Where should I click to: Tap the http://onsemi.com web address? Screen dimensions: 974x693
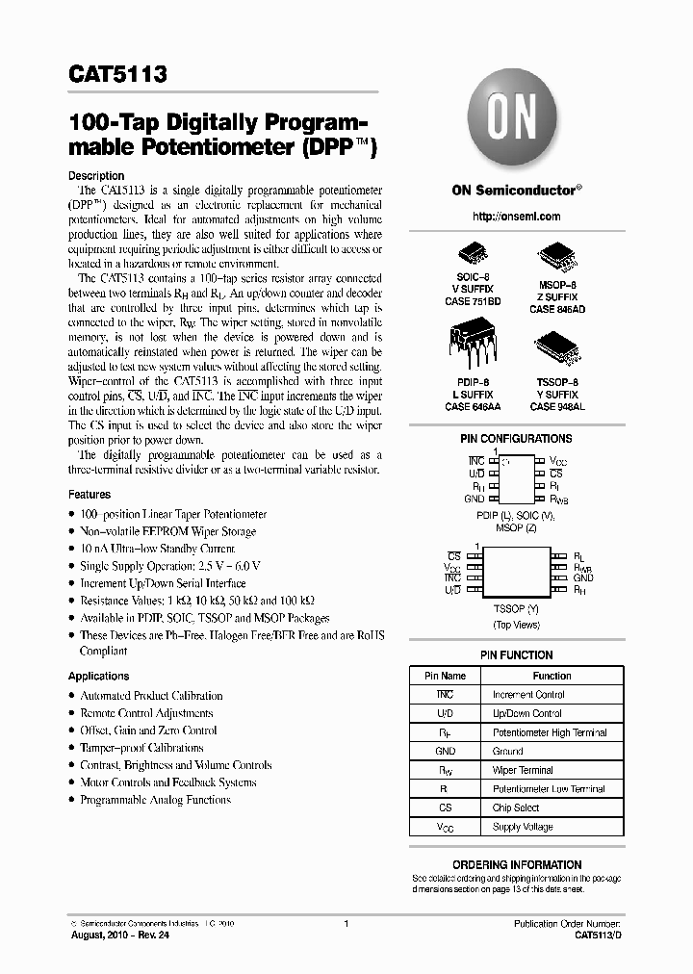516,217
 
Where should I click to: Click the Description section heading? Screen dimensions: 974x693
96,176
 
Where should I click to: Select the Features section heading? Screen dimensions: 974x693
90,495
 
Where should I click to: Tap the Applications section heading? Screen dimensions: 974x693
98,677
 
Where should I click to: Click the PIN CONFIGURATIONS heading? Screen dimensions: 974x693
516,439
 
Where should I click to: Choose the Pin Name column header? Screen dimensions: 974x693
445,676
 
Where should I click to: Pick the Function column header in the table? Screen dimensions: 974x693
552,676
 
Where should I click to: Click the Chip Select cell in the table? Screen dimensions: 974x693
516,807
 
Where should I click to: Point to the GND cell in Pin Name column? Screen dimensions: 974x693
445,751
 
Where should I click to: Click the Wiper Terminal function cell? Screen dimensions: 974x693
523,770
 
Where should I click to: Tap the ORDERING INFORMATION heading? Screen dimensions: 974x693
516,864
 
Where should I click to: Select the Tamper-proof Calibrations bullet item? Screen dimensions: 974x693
141,748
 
